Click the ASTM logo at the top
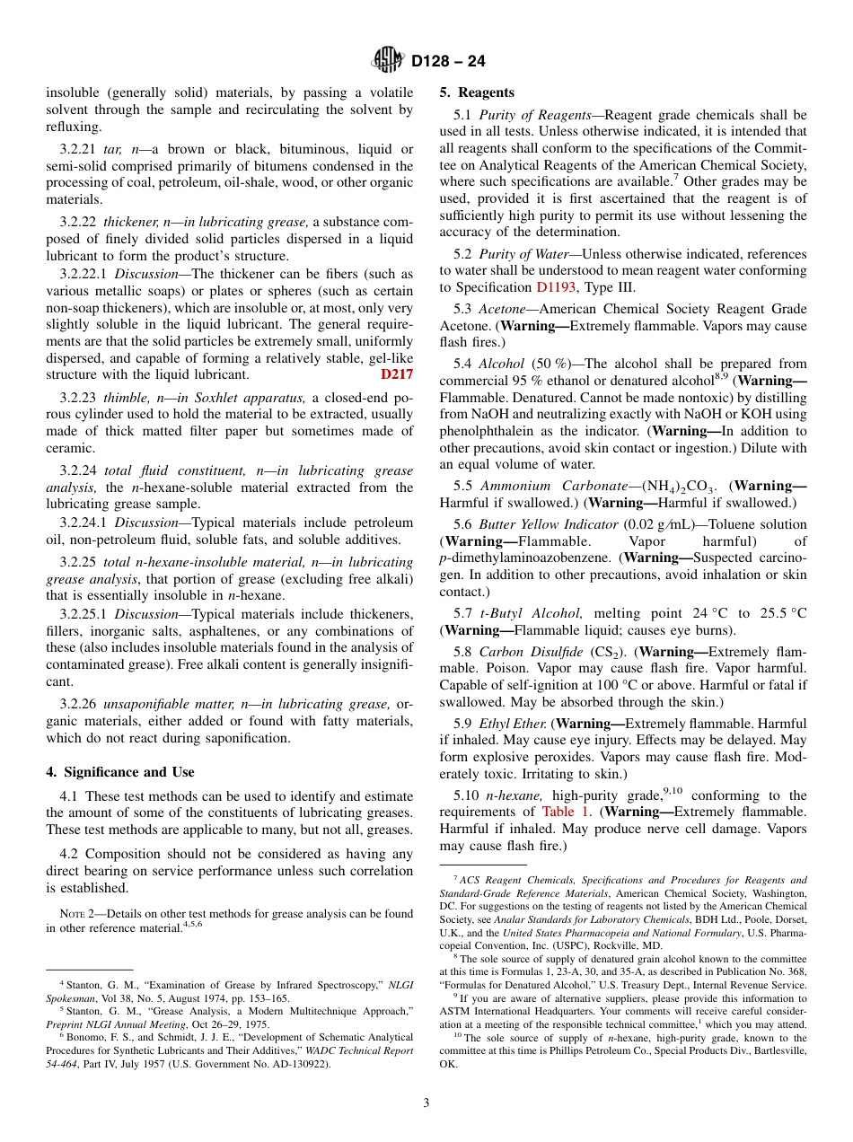pos(388,60)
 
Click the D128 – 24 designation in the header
pos(448,61)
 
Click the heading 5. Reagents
pos(477,92)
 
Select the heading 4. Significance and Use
pos(119,772)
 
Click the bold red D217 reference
pos(397,374)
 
